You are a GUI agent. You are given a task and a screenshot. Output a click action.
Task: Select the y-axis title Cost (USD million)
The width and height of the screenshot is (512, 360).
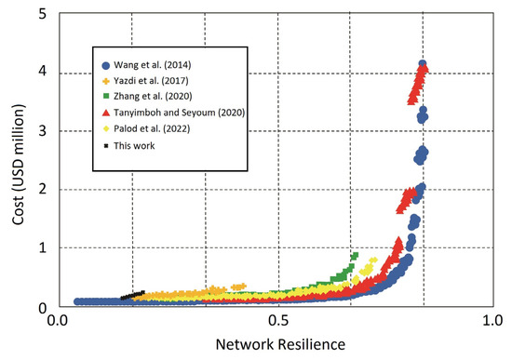(12, 159)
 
